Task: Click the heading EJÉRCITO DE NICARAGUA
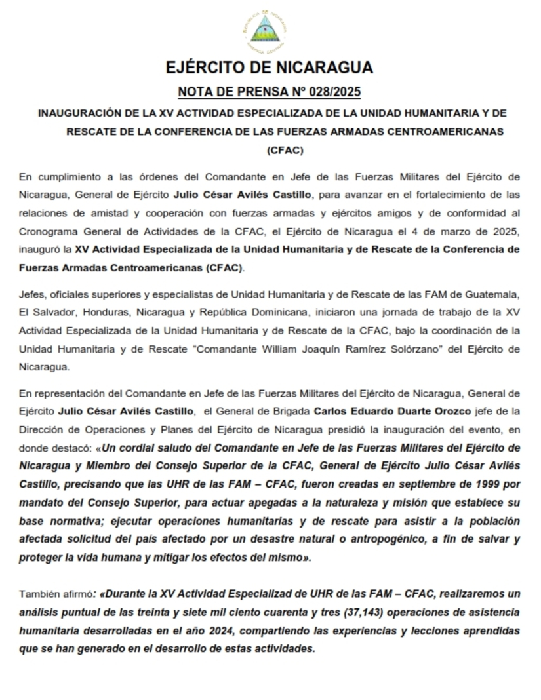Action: coord(270,68)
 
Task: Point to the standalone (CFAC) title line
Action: coord(285,150)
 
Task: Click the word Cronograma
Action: coord(47,231)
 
